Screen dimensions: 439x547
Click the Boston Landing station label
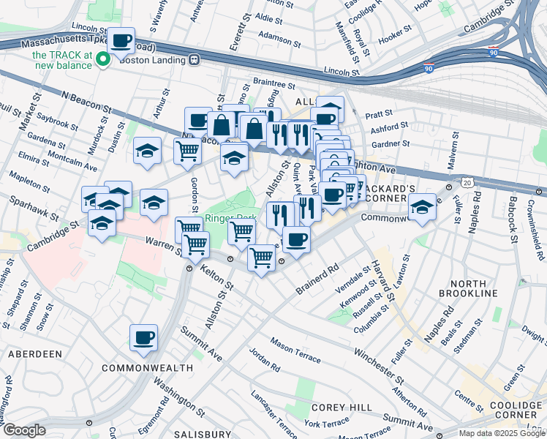point(160,61)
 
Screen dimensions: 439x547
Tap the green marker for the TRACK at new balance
point(103,60)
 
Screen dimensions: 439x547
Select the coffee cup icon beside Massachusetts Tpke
point(122,40)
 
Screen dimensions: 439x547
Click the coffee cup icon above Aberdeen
point(144,338)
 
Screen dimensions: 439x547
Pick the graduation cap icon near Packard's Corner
point(422,207)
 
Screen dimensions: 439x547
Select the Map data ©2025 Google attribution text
point(502,433)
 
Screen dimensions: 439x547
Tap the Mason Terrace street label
point(295,349)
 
